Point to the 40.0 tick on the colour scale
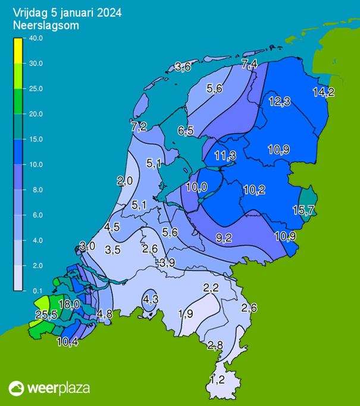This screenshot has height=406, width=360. [x=35, y=38]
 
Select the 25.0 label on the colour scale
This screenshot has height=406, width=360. [x=35, y=89]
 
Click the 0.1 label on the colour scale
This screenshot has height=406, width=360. [x=35, y=290]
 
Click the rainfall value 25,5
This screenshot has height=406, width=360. [x=46, y=315]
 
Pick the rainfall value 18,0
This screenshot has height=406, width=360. [x=70, y=304]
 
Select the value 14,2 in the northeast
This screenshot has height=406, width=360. [x=324, y=92]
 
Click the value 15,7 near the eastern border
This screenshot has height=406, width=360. [x=303, y=210]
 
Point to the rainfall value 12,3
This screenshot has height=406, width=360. [x=279, y=102]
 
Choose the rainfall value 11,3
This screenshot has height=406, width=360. [x=225, y=156]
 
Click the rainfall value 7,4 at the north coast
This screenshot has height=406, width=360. [x=249, y=64]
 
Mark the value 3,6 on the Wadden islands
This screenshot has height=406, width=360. [x=183, y=67]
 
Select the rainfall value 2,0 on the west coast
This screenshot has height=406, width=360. [x=124, y=181]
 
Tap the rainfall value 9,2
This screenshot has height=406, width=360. [x=224, y=238]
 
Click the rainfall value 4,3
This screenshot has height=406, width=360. [x=151, y=299]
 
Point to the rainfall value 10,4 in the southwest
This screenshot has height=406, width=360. [x=67, y=341]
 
